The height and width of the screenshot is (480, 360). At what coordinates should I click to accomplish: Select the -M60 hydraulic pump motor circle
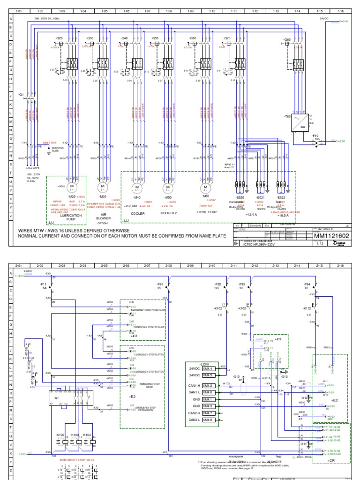(x=204, y=187)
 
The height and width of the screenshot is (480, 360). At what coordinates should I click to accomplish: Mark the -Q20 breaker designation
(x=59, y=38)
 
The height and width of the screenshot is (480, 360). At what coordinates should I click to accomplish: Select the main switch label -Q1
(x=21, y=94)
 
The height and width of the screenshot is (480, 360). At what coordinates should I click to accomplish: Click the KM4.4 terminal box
(x=208, y=369)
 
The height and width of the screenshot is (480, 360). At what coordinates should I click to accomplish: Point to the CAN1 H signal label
(x=194, y=386)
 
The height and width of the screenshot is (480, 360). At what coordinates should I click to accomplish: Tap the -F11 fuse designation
(x=43, y=284)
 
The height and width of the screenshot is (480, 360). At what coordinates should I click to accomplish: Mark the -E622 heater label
(x=281, y=198)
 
